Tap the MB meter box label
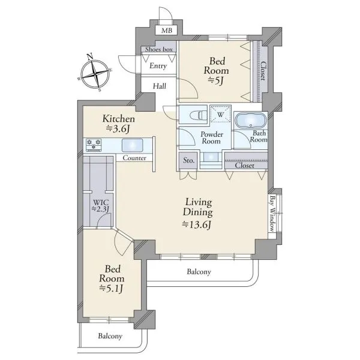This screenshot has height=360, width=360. click(x=166, y=31)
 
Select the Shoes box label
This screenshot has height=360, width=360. click(x=158, y=49)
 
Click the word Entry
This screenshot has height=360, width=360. click(x=158, y=66)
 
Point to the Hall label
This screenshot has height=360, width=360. click(x=160, y=86)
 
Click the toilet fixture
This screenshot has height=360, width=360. click(x=199, y=115)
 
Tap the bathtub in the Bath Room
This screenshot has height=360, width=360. click(x=251, y=120)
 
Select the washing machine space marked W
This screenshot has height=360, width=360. click(x=220, y=114)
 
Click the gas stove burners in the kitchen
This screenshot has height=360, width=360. click(x=94, y=145)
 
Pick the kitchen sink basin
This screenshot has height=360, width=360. click(x=132, y=145)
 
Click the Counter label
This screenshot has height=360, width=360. click(x=134, y=158)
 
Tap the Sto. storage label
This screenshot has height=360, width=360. click(x=189, y=160)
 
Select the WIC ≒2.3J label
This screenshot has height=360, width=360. click(x=101, y=205)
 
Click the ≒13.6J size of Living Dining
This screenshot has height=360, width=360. click(x=197, y=225)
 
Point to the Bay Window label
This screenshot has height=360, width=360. click(x=272, y=213)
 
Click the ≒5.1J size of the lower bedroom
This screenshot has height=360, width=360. click(x=112, y=288)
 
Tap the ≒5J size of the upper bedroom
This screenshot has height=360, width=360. click(x=216, y=81)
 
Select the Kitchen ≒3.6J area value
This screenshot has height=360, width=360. click(x=118, y=129)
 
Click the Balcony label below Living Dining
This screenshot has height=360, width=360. click(x=199, y=272)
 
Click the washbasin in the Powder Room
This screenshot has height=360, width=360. click(x=211, y=157)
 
